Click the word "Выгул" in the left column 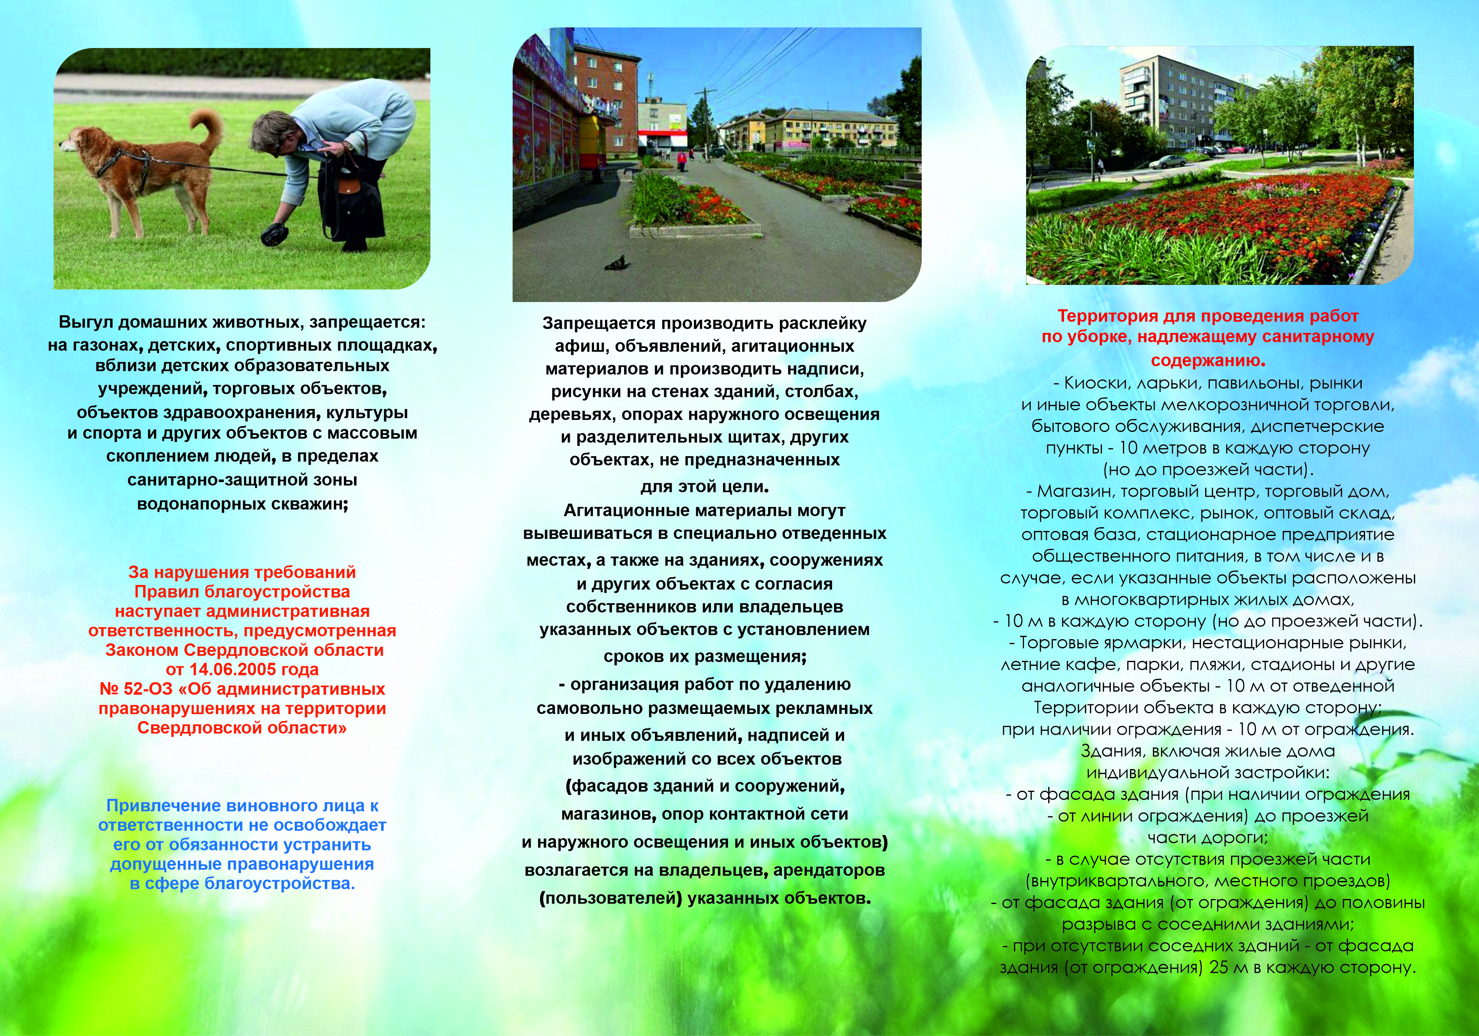[x=86, y=322]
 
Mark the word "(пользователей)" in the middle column [x=611, y=898]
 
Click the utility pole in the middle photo [x=706, y=122]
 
